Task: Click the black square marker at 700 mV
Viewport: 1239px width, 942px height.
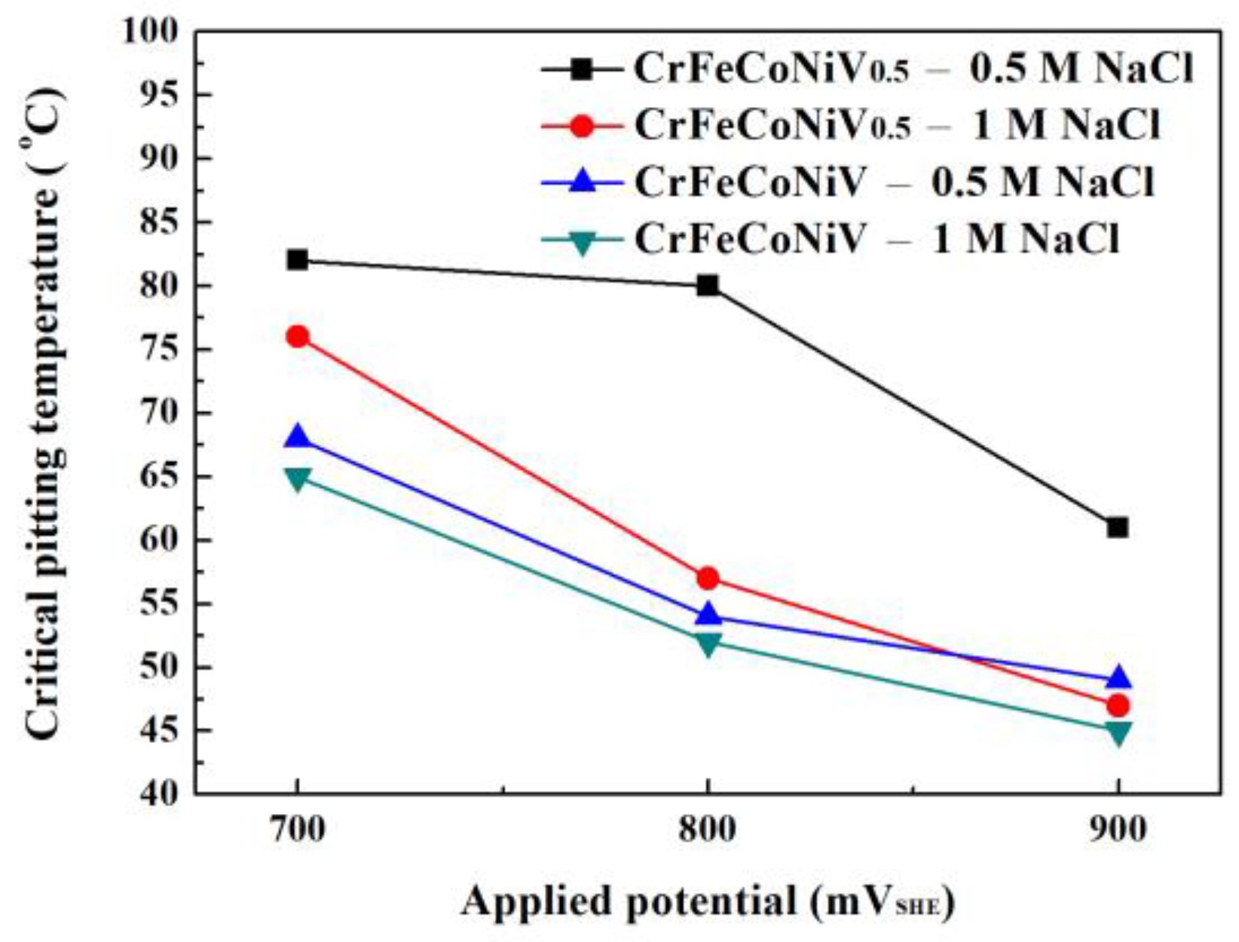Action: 298,260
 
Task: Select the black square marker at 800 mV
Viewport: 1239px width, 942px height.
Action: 708,286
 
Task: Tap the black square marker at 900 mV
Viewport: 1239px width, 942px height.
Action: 1118,528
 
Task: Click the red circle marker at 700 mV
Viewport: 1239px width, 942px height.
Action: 298,336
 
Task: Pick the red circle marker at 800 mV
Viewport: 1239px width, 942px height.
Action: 708,578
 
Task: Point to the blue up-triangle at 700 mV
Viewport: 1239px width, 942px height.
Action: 298,437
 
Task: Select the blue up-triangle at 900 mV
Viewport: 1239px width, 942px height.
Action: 1118,678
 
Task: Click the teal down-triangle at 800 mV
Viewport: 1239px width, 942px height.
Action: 708,644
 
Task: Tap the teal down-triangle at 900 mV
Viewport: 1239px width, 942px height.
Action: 1118,732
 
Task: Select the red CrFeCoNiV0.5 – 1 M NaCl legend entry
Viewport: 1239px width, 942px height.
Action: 897,126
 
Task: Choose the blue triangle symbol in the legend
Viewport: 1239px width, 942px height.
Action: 582,181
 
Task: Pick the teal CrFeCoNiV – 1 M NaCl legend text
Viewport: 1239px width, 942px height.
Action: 876,240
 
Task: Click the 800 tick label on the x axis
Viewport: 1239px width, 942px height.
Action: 708,830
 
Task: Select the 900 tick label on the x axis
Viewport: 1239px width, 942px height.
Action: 1118,830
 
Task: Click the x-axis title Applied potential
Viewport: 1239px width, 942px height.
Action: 708,901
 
